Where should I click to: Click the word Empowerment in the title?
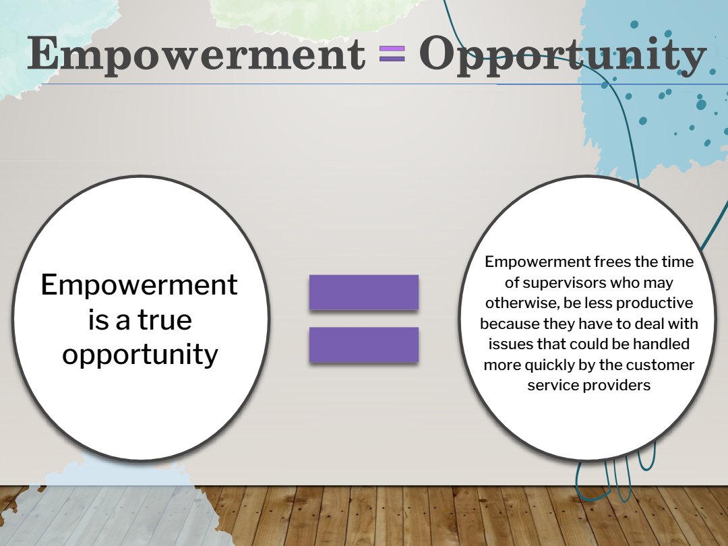pos(196,55)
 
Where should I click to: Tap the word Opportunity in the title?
pos(563,55)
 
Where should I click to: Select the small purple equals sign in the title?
pos(392,53)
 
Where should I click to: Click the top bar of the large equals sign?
pos(364,292)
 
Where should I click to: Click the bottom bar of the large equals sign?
pos(364,344)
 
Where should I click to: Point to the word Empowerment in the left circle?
pos(140,284)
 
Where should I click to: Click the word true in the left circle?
pos(165,320)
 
